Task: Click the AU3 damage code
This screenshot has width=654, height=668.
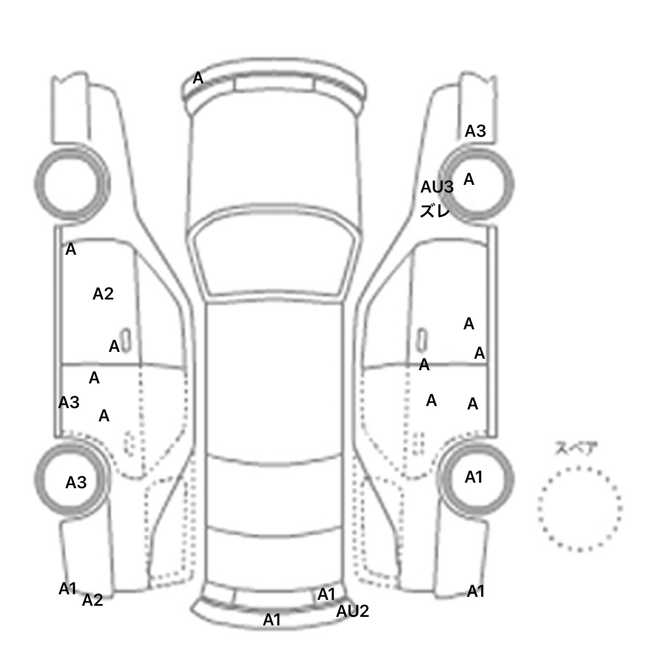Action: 437,187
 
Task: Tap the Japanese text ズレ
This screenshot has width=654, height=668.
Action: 435,211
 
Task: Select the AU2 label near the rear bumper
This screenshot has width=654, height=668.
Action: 353,611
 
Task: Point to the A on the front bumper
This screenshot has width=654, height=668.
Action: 198,78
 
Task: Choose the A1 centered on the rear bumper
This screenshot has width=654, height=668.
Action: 272,620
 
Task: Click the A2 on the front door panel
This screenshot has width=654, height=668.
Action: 103,294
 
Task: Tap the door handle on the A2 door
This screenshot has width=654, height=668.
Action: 126,340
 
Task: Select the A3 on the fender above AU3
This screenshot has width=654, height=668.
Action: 475,131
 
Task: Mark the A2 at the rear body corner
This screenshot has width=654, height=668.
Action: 92,600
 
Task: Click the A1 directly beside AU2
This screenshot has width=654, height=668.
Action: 327,594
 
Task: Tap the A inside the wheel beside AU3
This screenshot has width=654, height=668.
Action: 469,179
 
